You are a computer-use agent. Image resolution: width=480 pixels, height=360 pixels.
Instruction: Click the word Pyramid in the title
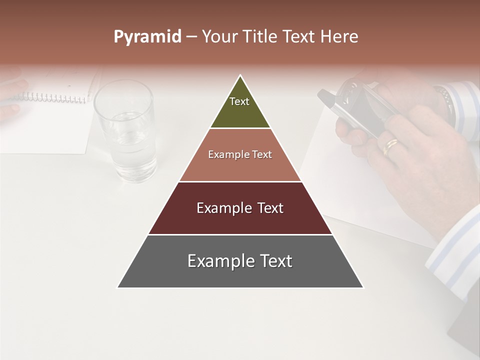coord(147,37)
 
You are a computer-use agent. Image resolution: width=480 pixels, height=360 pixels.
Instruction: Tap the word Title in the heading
coord(261,37)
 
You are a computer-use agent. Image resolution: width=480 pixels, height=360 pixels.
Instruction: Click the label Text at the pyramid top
coord(239,101)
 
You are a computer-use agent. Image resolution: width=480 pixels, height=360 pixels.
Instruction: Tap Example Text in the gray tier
coord(240,261)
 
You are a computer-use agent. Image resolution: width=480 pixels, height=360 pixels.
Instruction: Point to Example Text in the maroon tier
coord(240,208)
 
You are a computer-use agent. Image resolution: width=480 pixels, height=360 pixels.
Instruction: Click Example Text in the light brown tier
coord(240,154)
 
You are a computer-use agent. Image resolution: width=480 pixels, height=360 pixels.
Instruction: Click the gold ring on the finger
coord(390,145)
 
